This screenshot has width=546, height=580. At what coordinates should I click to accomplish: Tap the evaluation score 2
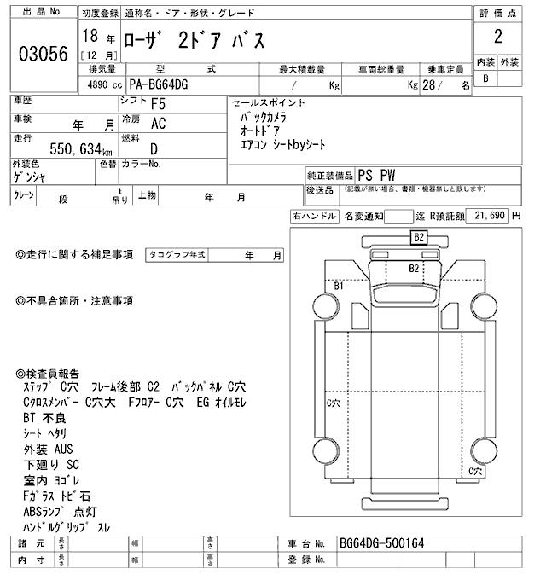(497, 38)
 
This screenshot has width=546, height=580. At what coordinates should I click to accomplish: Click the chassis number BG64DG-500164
(380, 543)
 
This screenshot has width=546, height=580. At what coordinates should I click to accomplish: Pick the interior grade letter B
(485, 78)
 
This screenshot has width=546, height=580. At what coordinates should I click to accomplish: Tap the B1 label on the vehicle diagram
(339, 287)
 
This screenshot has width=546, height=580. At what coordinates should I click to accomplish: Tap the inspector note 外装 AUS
(48, 449)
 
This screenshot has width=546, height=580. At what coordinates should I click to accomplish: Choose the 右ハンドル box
(314, 217)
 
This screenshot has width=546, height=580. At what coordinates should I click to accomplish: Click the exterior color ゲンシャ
(30, 177)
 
